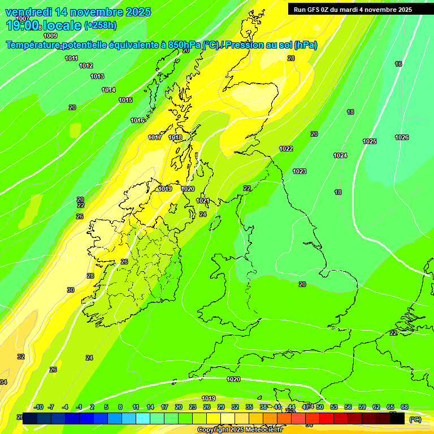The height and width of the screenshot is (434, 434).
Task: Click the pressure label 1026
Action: pyautogui.click(x=402, y=137)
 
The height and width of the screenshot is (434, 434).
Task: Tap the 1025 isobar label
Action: pyautogui.click(x=370, y=141)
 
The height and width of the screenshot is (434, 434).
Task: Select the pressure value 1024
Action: pyautogui.click(x=340, y=155)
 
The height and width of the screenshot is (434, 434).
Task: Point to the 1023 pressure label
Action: pyautogui.click(x=300, y=171)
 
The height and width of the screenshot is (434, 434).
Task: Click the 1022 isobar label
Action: pyautogui.click(x=286, y=149)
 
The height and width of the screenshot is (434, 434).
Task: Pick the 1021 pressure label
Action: pyautogui.click(x=203, y=201)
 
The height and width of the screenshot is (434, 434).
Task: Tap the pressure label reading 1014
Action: pyautogui.click(x=108, y=90)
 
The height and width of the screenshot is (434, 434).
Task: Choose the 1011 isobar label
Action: pyautogui.click(x=71, y=58)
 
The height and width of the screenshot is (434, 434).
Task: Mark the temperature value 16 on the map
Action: pyautogui.click(x=398, y=64)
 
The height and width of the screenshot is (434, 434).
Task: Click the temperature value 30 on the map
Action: pyautogui.click(x=71, y=290)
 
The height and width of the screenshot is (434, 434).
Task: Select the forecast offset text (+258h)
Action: pyautogui.click(x=100, y=25)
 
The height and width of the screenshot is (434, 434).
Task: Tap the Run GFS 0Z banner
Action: pyautogui.click(x=353, y=10)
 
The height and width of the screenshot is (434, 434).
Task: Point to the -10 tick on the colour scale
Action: pyautogui.click(x=38, y=407)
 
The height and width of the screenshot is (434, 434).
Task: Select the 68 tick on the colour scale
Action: pyautogui.click(x=405, y=407)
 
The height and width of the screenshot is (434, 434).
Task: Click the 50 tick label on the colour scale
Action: pyautogui.click(x=320, y=407)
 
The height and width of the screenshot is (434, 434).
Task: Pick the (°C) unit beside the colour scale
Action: pyautogui.click(x=415, y=419)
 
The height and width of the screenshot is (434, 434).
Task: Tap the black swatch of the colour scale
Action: pyautogui.click(x=397, y=418)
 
